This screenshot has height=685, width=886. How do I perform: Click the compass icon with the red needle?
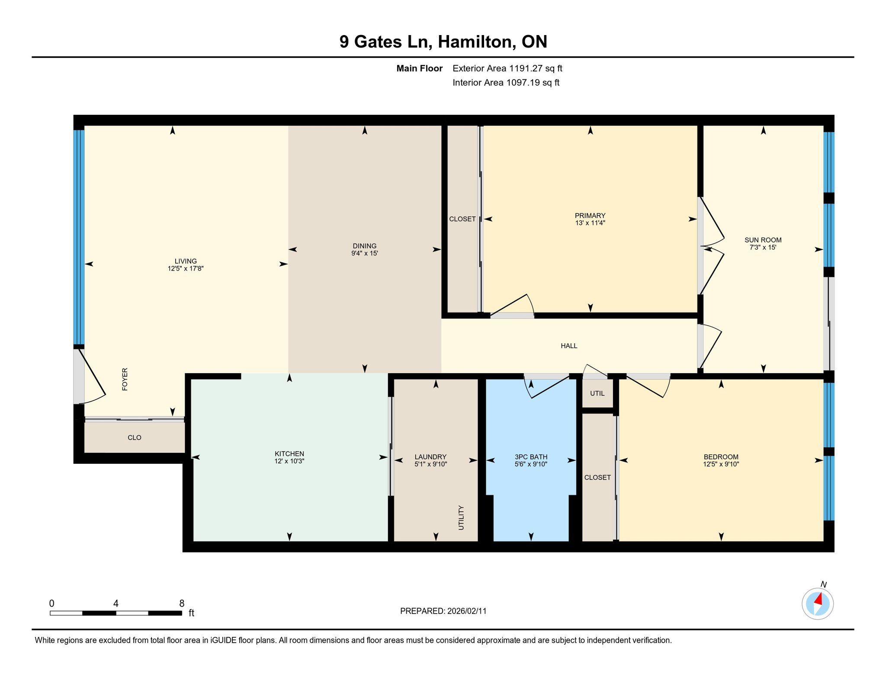(817, 604)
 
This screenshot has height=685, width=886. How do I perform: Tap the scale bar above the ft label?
(116, 613)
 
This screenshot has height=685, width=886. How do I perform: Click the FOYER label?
(125, 379)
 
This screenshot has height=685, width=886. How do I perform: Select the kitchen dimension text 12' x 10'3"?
(289, 461)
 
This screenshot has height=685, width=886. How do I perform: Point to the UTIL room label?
(597, 393)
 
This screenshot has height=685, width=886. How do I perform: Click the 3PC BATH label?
(531, 457)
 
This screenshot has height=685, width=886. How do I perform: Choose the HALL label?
(569, 346)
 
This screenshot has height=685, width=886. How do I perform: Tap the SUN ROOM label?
(763, 240)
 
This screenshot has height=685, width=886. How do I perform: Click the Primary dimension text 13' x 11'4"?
(590, 223)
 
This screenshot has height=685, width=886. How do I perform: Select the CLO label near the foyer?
(135, 437)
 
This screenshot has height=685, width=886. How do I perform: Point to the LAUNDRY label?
(430, 457)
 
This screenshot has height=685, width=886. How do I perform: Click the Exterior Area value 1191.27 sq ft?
(536, 68)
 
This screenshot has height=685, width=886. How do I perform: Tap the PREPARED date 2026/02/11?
(467, 611)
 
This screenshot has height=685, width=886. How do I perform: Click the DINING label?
(365, 246)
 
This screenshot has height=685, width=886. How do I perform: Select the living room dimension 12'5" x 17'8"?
(186, 268)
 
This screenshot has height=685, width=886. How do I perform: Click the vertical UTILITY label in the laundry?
(461, 518)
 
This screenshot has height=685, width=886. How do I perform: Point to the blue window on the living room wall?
(79, 237)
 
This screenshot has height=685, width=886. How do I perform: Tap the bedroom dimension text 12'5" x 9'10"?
(721, 464)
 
